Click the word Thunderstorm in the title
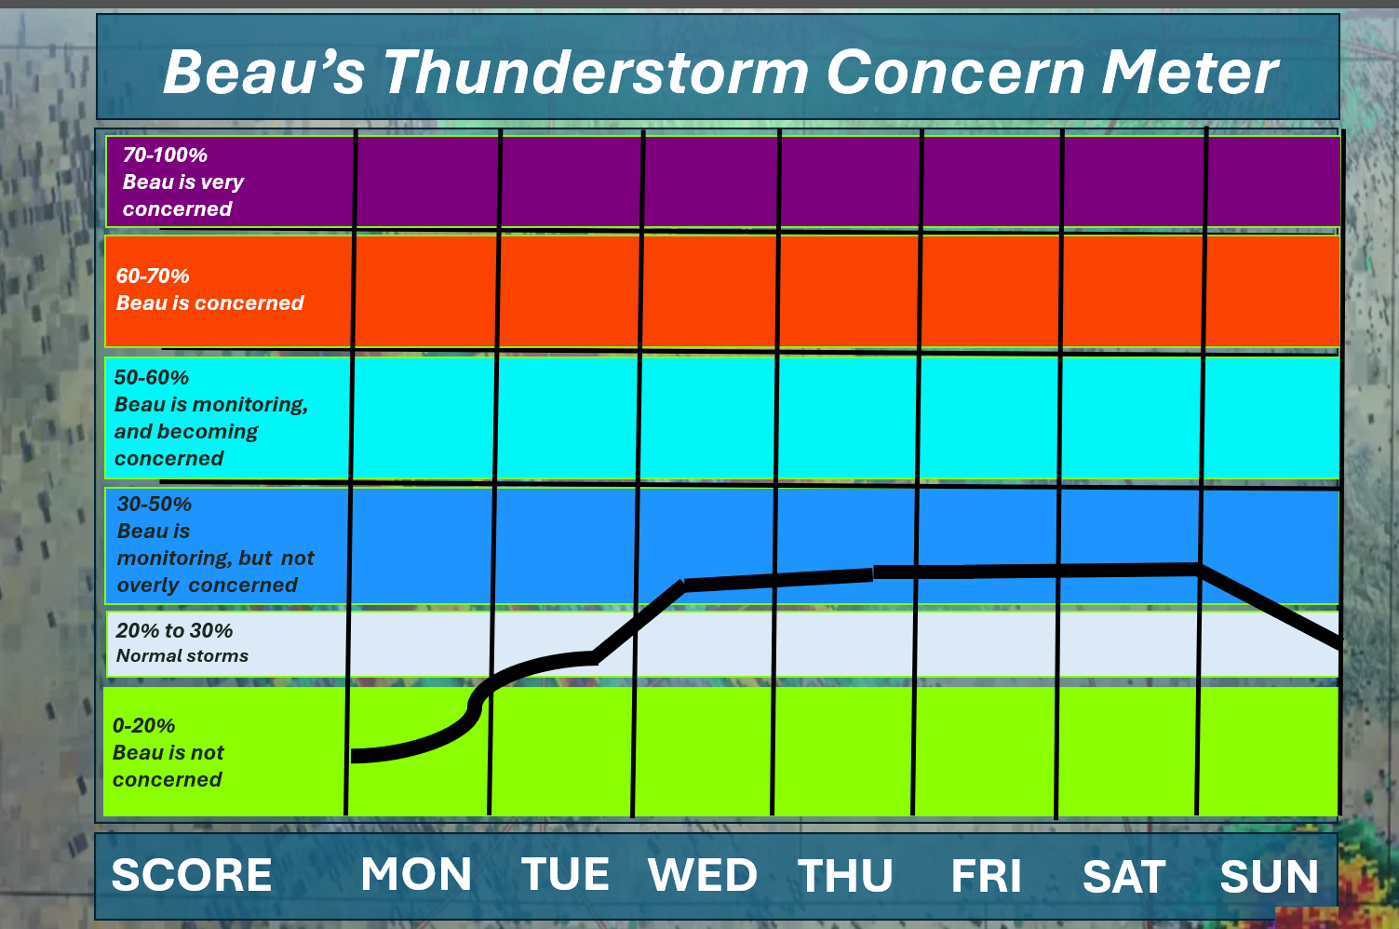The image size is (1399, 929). pyautogui.click(x=596, y=73)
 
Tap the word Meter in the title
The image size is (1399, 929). pyautogui.click(x=1190, y=73)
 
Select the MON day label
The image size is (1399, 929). pyautogui.click(x=416, y=874)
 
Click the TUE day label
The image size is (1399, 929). pyautogui.click(x=565, y=874)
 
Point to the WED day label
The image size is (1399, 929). pyautogui.click(x=703, y=875)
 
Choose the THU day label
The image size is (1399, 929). pyautogui.click(x=845, y=876)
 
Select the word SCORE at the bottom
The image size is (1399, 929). pyautogui.click(x=191, y=875)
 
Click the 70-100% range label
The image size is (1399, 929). pyautogui.click(x=165, y=155)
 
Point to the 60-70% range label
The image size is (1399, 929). pyautogui.click(x=153, y=276)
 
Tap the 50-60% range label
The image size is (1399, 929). pyautogui.click(x=151, y=377)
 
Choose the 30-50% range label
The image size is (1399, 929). pyautogui.click(x=155, y=505)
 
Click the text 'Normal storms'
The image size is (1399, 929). pyautogui.click(x=182, y=656)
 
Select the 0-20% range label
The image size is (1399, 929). pyautogui.click(x=143, y=726)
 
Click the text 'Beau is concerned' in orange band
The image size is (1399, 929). pyautogui.click(x=209, y=303)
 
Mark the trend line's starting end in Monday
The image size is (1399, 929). pyautogui.click(x=353, y=756)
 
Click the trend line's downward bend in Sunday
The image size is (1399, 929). pyautogui.click(x=1199, y=569)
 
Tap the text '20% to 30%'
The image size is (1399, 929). pyautogui.click(x=174, y=630)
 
